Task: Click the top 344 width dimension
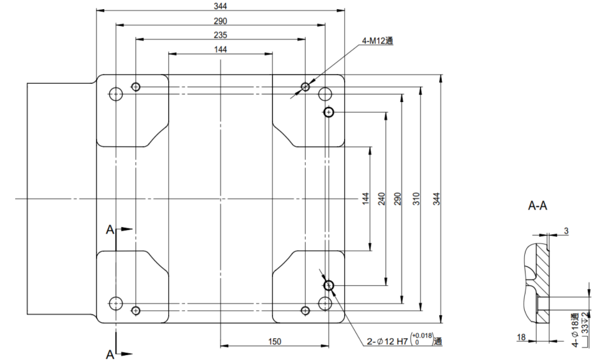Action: tap(220, 5)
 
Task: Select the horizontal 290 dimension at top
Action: tap(220, 21)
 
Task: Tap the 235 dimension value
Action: tap(220, 35)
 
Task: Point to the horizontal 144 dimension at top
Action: tap(220, 49)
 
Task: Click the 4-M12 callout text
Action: tap(378, 41)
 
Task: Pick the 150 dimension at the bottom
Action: tap(274, 342)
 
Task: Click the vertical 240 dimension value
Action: tap(382, 199)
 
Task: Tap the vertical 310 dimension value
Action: tap(416, 199)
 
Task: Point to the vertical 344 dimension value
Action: tap(436, 199)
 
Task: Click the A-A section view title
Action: tap(538, 206)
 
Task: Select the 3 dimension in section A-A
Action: tap(566, 231)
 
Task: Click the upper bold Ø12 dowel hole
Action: tap(329, 112)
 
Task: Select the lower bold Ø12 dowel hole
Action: tap(329, 285)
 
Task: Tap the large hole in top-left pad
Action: tap(115, 93)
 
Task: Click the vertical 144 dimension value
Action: tap(365, 199)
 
